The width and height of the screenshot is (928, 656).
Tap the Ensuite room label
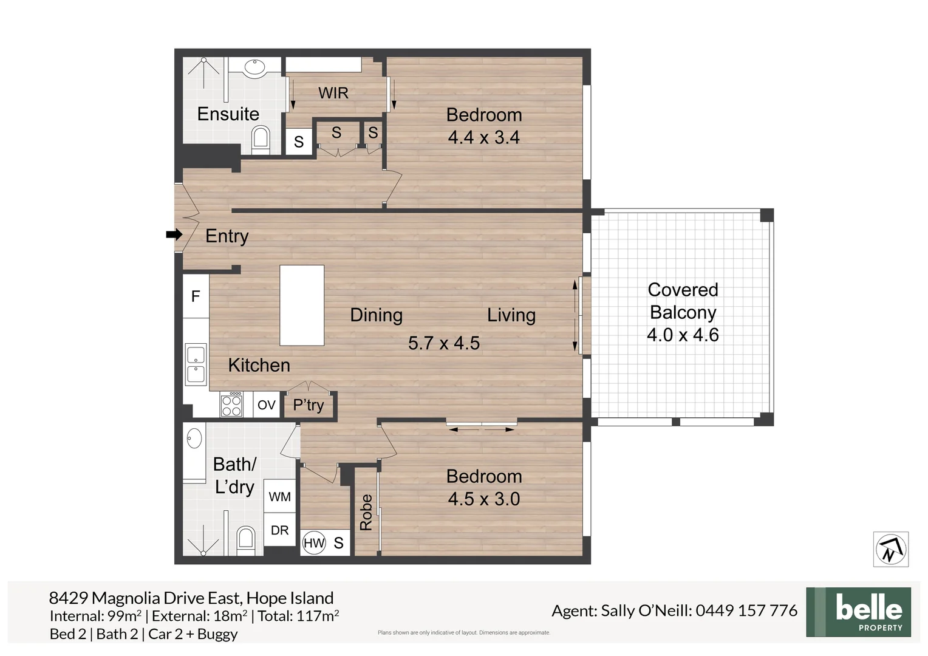point(228,114)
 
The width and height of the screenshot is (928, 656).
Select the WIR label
point(333,93)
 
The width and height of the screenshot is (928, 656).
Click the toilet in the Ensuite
point(260,137)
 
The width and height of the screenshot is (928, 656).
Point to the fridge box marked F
point(196,296)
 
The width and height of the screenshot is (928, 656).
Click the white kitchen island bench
point(302,305)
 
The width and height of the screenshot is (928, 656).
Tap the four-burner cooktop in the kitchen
point(231,405)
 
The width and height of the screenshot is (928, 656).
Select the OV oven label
point(267,405)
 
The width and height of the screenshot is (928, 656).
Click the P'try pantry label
point(309,405)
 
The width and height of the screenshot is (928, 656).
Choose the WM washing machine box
point(279,497)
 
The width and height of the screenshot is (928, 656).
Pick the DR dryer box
point(279,530)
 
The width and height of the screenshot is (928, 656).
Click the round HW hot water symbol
point(314,543)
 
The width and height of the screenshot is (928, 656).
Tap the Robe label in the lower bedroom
point(366,512)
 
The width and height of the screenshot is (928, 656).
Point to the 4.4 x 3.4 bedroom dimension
point(483,137)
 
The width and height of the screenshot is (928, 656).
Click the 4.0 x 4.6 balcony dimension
point(683,335)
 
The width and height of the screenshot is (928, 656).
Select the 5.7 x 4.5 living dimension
point(444,343)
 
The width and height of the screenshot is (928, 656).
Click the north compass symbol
point(890,550)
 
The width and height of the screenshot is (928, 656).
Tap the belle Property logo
point(858,612)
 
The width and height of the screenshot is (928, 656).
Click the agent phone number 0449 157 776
point(746,610)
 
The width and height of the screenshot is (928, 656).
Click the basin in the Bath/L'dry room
point(194,437)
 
